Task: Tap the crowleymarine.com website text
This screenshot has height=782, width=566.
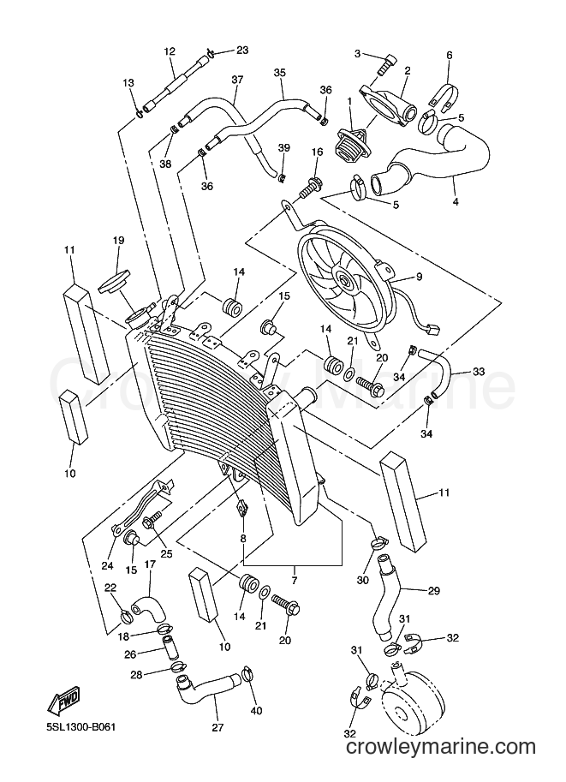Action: [441, 761]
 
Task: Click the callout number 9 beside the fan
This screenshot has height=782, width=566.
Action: [419, 277]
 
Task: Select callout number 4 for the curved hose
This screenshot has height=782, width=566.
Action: [456, 202]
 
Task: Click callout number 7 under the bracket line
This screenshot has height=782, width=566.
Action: [295, 581]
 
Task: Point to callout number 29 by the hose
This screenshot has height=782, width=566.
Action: [433, 590]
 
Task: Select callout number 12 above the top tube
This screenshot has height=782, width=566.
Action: [170, 51]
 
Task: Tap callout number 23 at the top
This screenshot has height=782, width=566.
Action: [242, 50]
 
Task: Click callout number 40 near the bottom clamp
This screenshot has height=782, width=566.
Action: [257, 710]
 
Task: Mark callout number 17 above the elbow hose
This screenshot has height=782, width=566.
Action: [150, 564]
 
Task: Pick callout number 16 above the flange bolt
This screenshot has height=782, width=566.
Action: [317, 152]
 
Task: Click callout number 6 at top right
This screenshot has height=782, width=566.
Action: [450, 55]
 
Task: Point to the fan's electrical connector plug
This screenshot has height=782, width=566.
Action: [432, 330]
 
